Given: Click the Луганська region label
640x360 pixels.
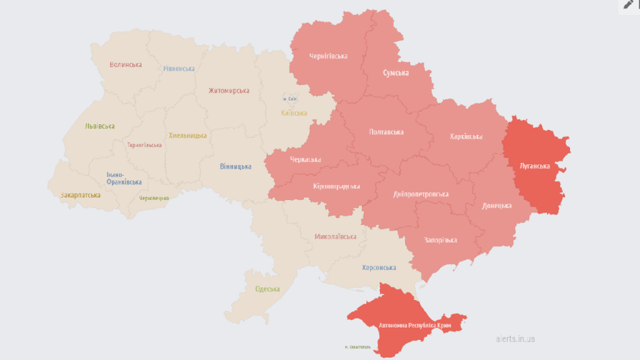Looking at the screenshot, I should click(534, 166).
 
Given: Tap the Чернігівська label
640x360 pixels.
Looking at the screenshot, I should click(328, 56).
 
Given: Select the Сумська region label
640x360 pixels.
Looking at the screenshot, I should click(396, 73).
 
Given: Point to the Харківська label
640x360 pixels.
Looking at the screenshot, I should click(466, 137).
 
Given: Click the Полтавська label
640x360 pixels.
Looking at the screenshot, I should click(386, 132).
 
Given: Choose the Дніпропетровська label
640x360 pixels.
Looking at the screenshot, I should click(421, 194).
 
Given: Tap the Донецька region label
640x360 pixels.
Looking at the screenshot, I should click(497, 206).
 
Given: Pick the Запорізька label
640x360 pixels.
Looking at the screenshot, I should click(440, 240).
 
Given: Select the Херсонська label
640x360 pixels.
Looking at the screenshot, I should click(379, 268).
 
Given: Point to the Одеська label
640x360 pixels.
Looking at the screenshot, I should click(267, 289).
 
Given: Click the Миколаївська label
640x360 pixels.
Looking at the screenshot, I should click(336, 237).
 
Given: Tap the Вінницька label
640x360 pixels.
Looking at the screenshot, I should click(236, 167).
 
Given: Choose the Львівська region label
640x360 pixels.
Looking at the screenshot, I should click(100, 126).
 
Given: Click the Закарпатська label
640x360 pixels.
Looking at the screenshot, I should click(81, 195).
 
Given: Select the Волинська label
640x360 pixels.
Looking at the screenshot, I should click(126, 64).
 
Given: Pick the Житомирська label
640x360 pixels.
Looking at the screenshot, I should click(229, 91).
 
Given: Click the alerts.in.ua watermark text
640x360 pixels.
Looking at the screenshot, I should click(515, 339).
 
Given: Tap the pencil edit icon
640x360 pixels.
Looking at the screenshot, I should click(628, 5).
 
